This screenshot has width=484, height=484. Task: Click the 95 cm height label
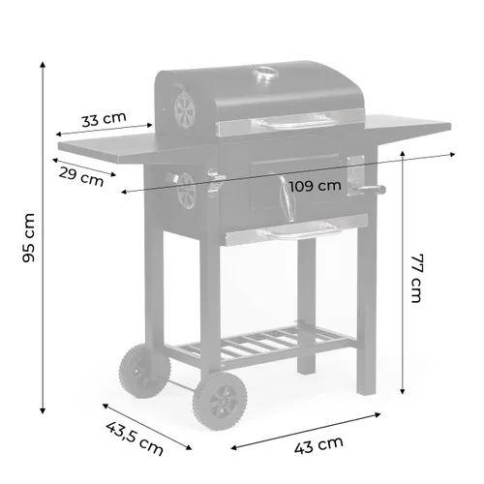(x=30, y=237)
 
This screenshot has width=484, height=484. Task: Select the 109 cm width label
(x=315, y=185)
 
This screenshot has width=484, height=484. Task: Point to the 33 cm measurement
(x=103, y=120)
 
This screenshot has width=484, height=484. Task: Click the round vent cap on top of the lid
(x=263, y=75)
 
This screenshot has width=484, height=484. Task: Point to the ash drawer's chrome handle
(x=300, y=232)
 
